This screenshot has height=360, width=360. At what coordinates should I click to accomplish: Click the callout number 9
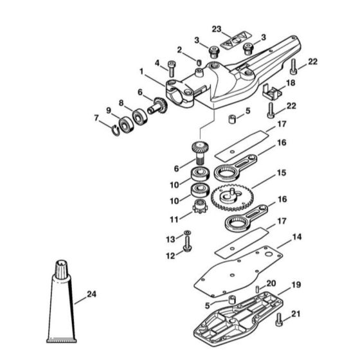tap(109, 109)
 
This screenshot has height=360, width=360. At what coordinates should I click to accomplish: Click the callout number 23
tap(217, 30)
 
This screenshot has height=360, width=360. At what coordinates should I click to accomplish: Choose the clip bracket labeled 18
tap(270, 94)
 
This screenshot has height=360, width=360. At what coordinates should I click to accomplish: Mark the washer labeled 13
tap(187, 232)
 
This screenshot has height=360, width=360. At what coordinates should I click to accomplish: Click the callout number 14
tap(296, 237)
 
